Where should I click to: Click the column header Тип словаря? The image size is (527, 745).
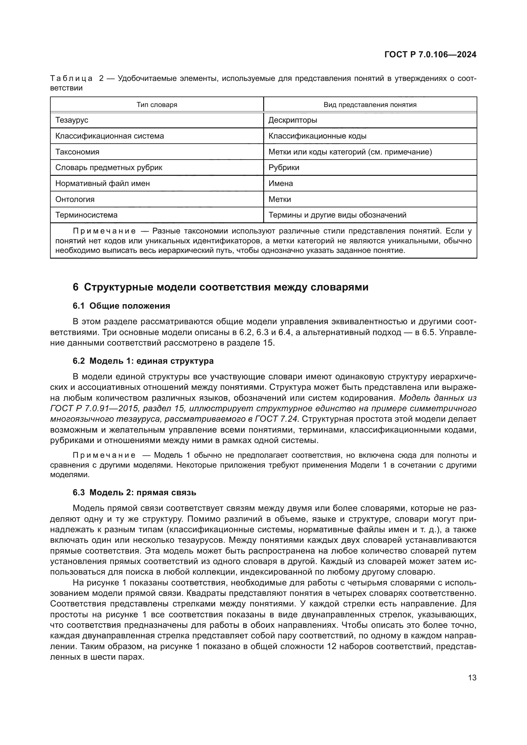point(157,105)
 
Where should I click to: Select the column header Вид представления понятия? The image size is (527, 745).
point(370,105)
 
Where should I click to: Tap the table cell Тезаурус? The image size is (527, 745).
point(72,120)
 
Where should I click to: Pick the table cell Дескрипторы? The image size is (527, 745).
point(293,120)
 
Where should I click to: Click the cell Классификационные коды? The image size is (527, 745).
point(317,136)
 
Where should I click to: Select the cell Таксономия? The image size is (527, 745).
point(77,152)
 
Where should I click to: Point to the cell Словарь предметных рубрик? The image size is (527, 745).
point(109,168)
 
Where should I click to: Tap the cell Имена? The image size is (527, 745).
point(281,183)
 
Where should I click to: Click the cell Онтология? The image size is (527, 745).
point(75,199)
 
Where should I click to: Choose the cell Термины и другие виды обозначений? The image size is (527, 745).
point(337,215)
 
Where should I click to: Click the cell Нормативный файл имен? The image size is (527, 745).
point(103,183)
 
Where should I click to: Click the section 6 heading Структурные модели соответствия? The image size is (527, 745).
point(221,287)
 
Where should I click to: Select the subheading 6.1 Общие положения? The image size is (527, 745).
point(121,306)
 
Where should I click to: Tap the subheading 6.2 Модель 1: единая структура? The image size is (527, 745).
point(143,361)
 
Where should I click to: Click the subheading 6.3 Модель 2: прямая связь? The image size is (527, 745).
point(134,492)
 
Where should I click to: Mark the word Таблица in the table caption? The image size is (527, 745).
point(71,79)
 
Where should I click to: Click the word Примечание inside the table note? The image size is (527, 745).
point(104,231)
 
